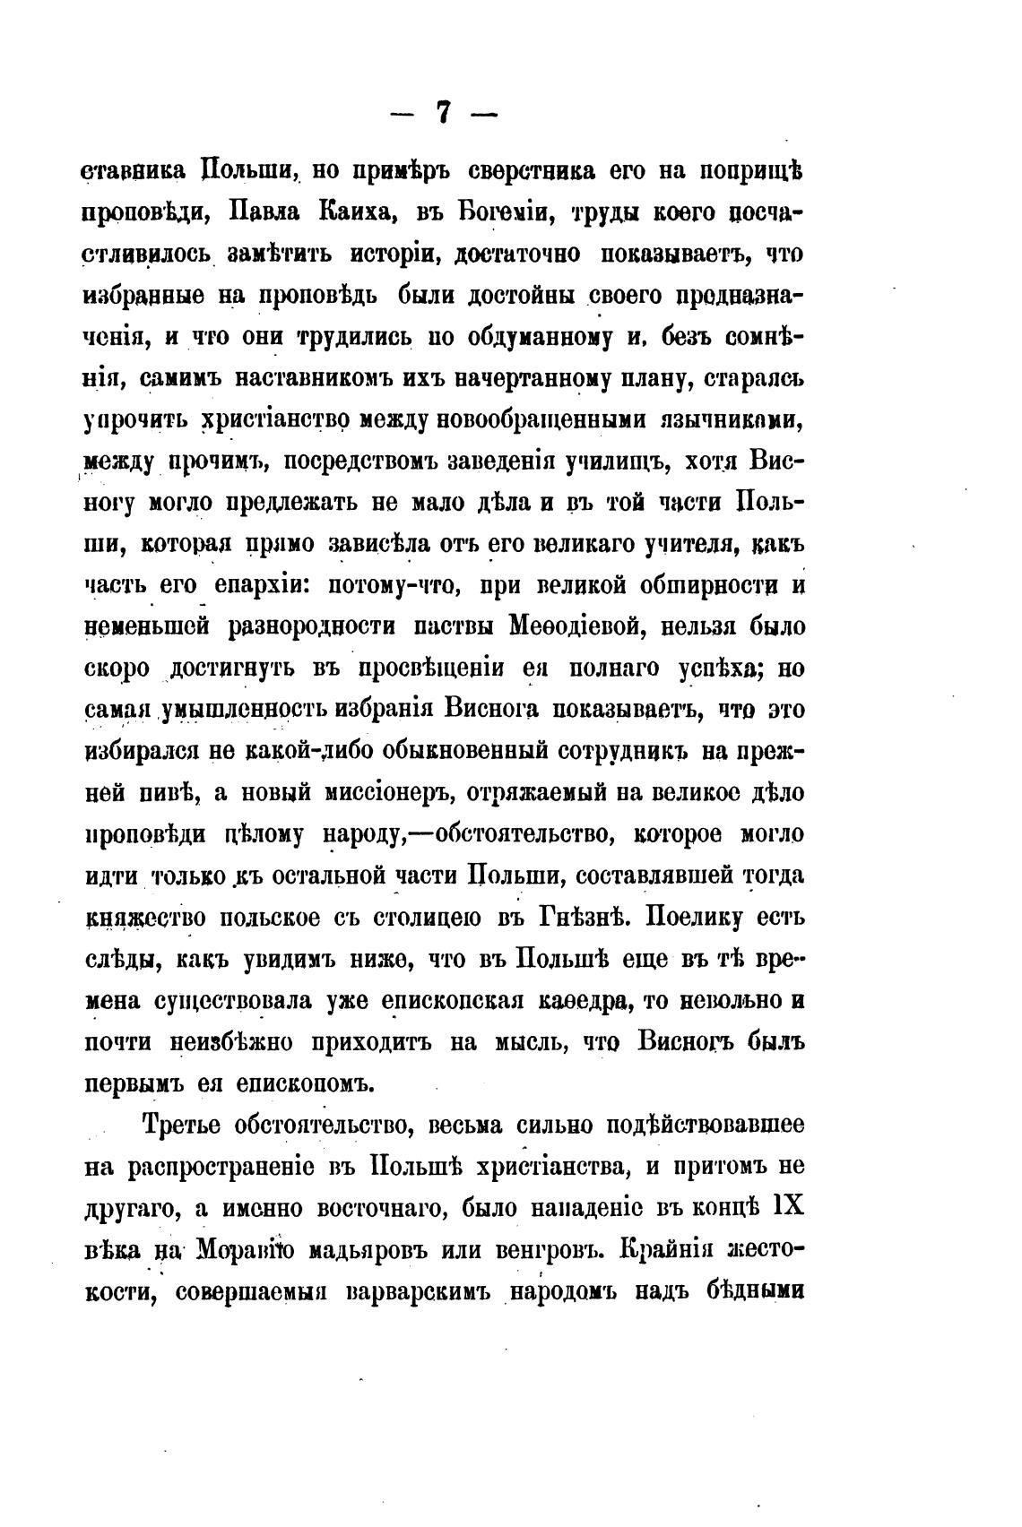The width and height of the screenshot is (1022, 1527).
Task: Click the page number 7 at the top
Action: coord(443,115)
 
